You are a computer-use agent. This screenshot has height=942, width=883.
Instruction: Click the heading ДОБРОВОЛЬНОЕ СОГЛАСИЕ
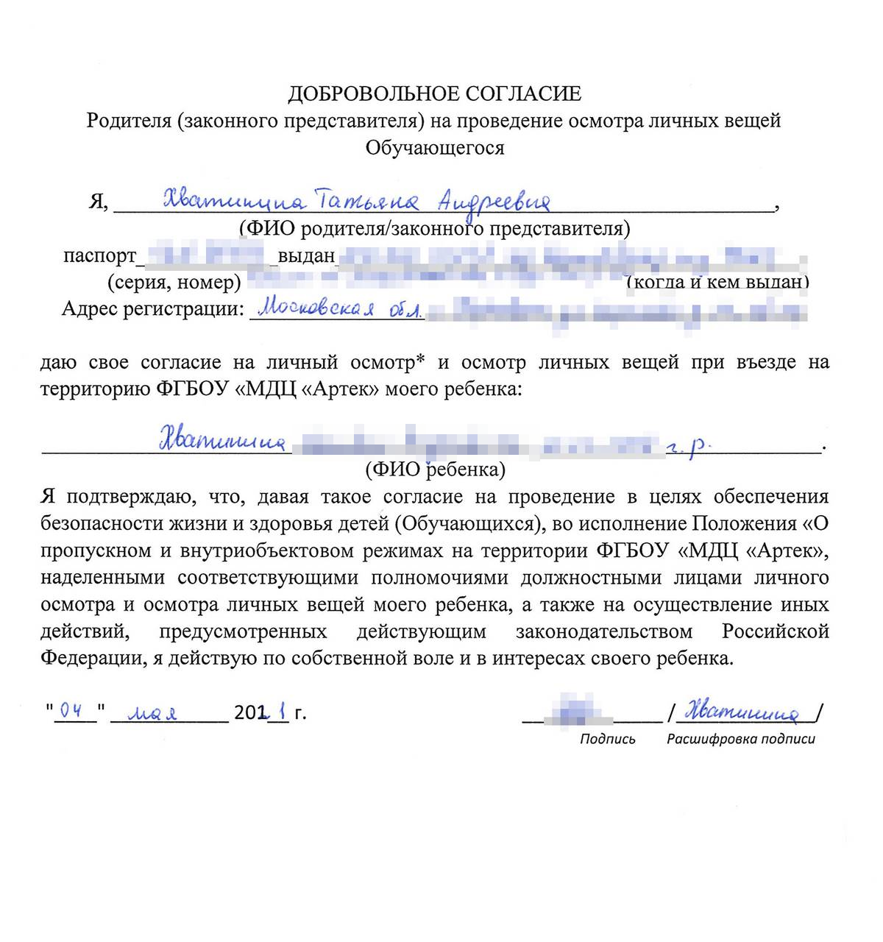pyautogui.click(x=434, y=93)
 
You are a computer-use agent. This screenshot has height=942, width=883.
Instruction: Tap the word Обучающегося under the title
pyautogui.click(x=435, y=147)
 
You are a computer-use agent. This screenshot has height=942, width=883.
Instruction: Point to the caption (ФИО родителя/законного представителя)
pyautogui.click(x=434, y=228)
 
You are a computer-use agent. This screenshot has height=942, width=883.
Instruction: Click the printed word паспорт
pyautogui.click(x=99, y=255)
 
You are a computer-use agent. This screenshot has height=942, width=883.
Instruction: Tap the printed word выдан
pyautogui.click(x=306, y=255)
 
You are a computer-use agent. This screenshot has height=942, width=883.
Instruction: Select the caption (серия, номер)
pyautogui.click(x=174, y=282)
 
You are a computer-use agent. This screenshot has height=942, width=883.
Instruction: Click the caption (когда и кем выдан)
pyautogui.click(x=717, y=282)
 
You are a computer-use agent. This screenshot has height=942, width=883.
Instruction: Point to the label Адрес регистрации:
pyautogui.click(x=152, y=308)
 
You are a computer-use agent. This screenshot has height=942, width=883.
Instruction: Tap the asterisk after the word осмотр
pyautogui.click(x=421, y=361)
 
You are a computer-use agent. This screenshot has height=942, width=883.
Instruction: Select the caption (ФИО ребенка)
pyautogui.click(x=435, y=469)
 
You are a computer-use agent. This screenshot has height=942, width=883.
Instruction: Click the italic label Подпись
pyautogui.click(x=607, y=739)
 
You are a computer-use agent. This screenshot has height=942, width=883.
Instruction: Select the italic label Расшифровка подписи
pyautogui.click(x=740, y=739)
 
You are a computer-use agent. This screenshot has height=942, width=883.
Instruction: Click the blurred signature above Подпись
pyautogui.click(x=578, y=710)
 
